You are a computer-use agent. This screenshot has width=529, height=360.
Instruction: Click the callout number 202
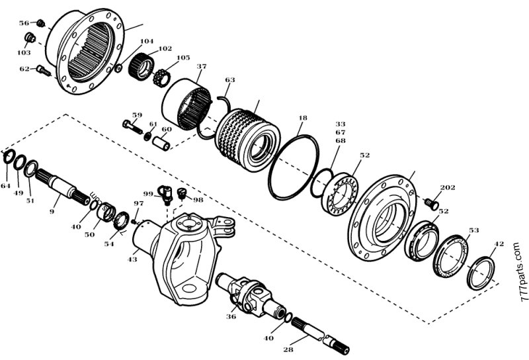[448, 188]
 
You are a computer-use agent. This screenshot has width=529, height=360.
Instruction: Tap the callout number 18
[302, 118]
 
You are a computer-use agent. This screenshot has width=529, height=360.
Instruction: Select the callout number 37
[201, 66]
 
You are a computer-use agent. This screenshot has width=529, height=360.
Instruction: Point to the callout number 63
[229, 80]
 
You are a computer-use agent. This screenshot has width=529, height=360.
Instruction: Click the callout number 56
[24, 22]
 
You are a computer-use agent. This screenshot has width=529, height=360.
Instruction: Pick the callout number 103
[24, 52]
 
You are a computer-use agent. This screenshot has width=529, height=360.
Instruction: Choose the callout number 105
[183, 58]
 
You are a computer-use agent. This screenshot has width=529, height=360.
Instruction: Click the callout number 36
[231, 316]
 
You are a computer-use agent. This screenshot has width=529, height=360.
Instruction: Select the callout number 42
[499, 244]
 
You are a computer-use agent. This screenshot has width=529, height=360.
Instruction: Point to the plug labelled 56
[40, 24]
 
